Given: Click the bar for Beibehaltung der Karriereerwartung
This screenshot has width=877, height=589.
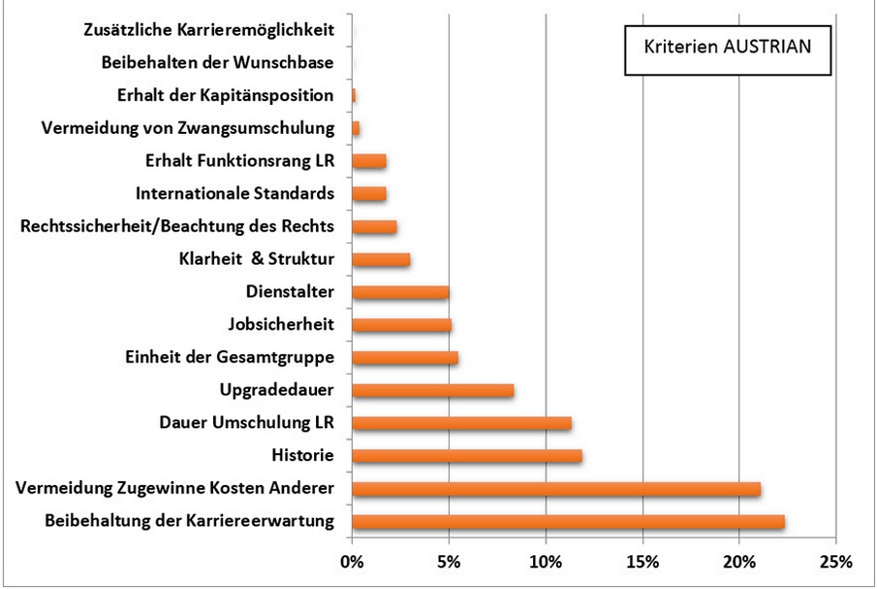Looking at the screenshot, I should pyautogui.click(x=568, y=522).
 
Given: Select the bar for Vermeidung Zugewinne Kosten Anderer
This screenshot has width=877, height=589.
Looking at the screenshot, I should pyautogui.click(x=556, y=489).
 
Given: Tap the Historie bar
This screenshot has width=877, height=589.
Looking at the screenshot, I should pyautogui.click(x=467, y=456).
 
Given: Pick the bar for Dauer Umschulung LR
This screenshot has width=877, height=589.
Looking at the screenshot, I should pyautogui.click(x=461, y=423).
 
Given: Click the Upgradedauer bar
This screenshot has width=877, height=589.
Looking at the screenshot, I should pyautogui.click(x=433, y=390).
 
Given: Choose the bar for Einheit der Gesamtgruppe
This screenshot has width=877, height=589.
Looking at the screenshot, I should pyautogui.click(x=405, y=357).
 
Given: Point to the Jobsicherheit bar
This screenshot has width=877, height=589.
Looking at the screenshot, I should pyautogui.click(x=401, y=325).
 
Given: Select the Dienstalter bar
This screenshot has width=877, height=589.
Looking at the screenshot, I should pyautogui.click(x=400, y=292).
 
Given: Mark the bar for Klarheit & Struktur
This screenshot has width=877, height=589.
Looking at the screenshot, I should pyautogui.click(x=381, y=259).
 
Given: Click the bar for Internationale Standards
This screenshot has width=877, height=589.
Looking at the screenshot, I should pyautogui.click(x=369, y=193).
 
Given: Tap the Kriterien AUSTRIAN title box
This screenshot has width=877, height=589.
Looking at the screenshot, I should pyautogui.click(x=726, y=48).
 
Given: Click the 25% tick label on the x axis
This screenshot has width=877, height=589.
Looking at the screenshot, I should pyautogui.click(x=835, y=561).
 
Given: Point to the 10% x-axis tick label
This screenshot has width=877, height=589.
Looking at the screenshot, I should pyautogui.click(x=546, y=561).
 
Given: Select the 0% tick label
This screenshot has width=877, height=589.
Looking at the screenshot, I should pyautogui.click(x=352, y=561).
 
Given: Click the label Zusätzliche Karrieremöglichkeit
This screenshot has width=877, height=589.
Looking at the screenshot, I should pyautogui.click(x=210, y=30).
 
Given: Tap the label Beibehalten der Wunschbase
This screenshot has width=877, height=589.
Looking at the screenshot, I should pyautogui.click(x=218, y=63).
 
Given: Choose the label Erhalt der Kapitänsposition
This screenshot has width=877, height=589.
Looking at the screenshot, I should pyautogui.click(x=225, y=95).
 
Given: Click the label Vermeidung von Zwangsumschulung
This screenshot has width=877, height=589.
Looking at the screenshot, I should pyautogui.click(x=189, y=128).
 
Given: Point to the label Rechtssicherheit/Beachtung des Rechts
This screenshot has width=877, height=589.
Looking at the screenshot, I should pyautogui.click(x=177, y=226).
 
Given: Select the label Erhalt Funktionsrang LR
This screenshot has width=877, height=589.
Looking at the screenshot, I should pyautogui.click(x=238, y=161).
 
